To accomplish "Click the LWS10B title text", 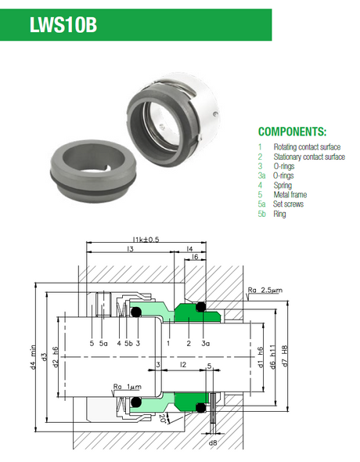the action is click(x=63, y=25).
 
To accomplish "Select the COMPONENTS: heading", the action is click(x=292, y=132).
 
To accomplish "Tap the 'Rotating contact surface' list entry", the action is click(x=307, y=146).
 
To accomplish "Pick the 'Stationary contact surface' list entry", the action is click(x=309, y=157).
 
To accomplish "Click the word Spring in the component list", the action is click(x=283, y=186).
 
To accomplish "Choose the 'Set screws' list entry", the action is click(x=288, y=204).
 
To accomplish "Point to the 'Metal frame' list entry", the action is click(x=290, y=194).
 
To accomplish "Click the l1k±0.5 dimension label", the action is click(x=146, y=239).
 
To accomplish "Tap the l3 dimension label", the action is click(x=130, y=249).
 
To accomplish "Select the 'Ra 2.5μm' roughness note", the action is click(x=265, y=291).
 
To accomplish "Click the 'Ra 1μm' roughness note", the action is click(x=128, y=387).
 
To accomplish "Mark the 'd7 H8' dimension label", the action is click(x=285, y=356).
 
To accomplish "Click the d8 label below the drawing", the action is click(x=213, y=442).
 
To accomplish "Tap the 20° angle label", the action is click(x=163, y=418).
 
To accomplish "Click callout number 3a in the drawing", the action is click(x=206, y=343).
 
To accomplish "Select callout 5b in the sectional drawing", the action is click(x=128, y=343).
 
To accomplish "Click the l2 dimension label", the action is click(x=183, y=365).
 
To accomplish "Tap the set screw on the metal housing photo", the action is click(x=217, y=114).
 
